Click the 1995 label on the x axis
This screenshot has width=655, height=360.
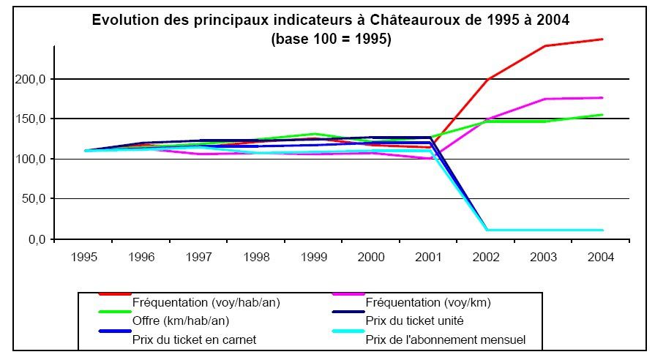(86, 258)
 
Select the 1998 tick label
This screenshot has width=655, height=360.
(257, 258)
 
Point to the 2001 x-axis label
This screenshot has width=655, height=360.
(427, 258)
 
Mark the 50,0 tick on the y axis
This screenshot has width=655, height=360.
(32, 198)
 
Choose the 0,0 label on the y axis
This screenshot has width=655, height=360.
(35, 239)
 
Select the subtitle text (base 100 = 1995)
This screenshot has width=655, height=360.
(331, 40)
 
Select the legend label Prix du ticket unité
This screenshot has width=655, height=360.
(416, 320)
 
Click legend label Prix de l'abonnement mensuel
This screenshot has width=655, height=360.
(445, 340)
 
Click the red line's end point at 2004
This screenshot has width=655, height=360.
(602, 39)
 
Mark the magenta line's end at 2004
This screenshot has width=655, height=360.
(602, 97)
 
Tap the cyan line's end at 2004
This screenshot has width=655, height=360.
(602, 230)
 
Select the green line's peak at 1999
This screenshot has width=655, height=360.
(314, 134)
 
